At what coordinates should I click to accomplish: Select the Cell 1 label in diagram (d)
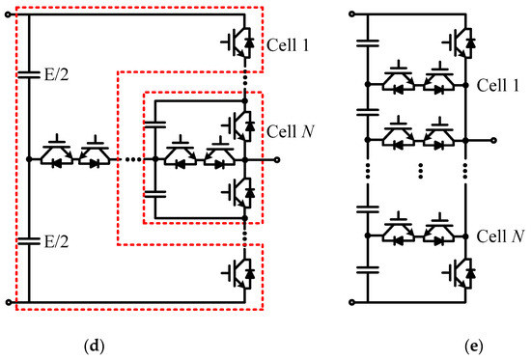(x=286, y=46)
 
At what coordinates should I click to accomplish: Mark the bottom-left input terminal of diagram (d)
(x=10, y=302)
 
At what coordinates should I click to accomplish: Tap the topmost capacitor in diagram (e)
(x=369, y=43)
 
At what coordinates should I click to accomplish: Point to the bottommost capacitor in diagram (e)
(x=369, y=271)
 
